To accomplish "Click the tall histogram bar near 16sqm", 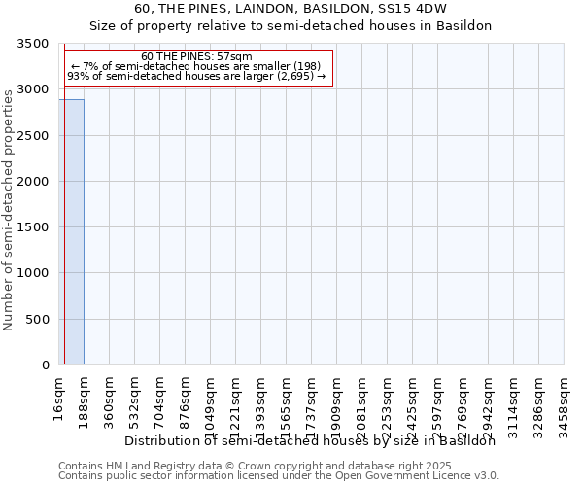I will click(x=71, y=233).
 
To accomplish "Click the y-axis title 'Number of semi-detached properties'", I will click(x=9, y=205).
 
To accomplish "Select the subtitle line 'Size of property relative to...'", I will click(x=291, y=26).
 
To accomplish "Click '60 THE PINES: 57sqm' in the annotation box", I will click(x=196, y=57).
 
